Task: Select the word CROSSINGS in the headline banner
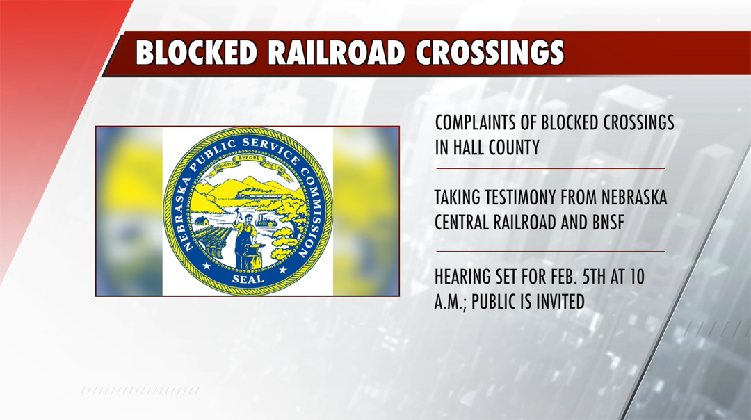click(490, 53)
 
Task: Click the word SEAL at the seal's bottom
click(248, 279)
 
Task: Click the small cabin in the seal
click(202, 220)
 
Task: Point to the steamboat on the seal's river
click(266, 218)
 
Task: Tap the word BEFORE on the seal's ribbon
click(248, 159)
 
